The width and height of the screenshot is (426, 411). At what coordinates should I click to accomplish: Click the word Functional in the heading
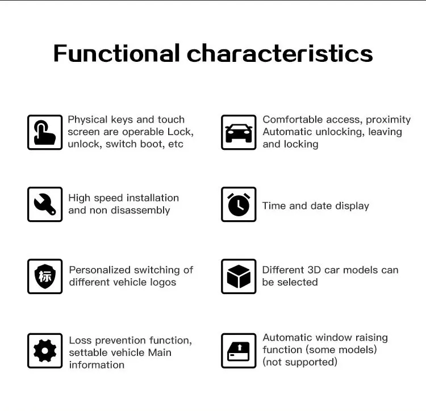pyautogui.click(x=116, y=53)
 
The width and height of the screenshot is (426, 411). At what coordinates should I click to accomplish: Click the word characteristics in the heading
pyautogui.click(x=279, y=53)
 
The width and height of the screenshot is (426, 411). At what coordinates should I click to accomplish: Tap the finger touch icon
pyautogui.click(x=45, y=132)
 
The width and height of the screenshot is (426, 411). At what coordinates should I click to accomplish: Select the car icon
pyautogui.click(x=239, y=132)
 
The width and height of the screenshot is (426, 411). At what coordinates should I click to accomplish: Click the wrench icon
pyautogui.click(x=45, y=204)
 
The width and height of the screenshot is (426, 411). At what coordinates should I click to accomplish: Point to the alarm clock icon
pyautogui.click(x=239, y=204)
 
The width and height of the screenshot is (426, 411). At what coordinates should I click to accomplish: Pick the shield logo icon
pyautogui.click(x=45, y=276)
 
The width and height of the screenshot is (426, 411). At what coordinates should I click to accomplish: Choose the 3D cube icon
pyautogui.click(x=239, y=276)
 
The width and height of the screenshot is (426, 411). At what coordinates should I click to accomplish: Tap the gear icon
pyautogui.click(x=45, y=350)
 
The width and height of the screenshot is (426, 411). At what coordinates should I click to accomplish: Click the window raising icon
pyautogui.click(x=239, y=350)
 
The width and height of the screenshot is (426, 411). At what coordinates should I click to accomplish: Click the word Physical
pyautogui.click(x=87, y=120)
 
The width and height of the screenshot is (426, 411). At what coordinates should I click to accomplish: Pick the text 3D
pyautogui.click(x=314, y=270)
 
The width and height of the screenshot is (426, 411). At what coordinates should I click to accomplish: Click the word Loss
pyautogui.click(x=80, y=341)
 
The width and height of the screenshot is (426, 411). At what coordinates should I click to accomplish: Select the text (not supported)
pyautogui.click(x=299, y=362)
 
